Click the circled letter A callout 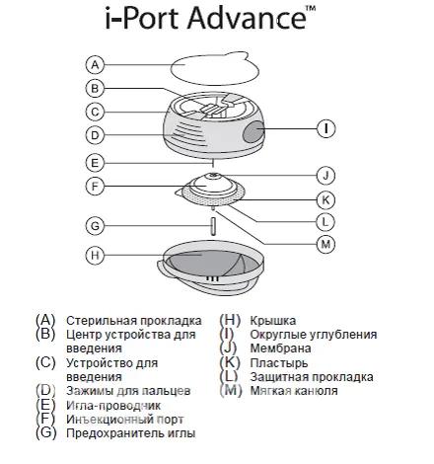[95, 65]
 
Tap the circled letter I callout [325, 128]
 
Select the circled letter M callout [325, 244]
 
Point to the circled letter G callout [95, 226]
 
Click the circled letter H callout [95, 255]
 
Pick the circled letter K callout [325, 199]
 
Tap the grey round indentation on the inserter [253, 131]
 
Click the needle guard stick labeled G [213, 226]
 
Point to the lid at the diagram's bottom [210, 269]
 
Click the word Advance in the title [248, 18]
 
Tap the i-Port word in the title [142, 19]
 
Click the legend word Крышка [273, 321]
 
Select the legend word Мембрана [280, 348]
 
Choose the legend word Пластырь [279, 363]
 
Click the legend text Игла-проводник [113, 406]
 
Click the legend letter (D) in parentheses [45, 391]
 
